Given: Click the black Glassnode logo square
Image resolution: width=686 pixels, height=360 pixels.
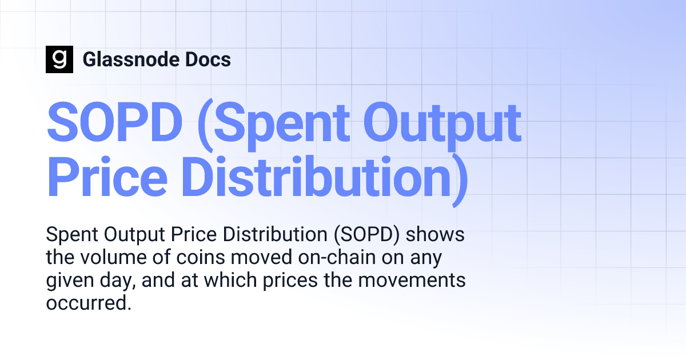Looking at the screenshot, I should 59,59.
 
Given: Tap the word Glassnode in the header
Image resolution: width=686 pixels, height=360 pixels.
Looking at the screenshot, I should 129,59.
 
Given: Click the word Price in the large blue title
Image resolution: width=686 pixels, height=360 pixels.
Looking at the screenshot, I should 107,179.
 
